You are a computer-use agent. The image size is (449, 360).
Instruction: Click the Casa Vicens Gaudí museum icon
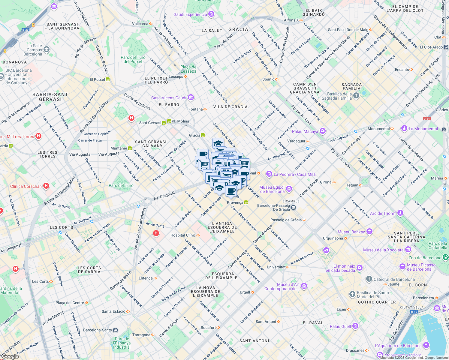(x=191, y=97)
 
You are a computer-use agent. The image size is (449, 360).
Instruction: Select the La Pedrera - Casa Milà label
(x=294, y=174)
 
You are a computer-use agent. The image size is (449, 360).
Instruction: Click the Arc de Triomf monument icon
(x=400, y=213)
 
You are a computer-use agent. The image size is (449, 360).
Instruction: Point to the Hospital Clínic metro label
(x=183, y=235)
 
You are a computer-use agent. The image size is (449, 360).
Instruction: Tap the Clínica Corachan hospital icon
(x=46, y=186)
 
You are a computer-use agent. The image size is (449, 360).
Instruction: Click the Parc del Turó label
(x=121, y=185)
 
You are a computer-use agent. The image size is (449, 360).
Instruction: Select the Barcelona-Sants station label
(x=98, y=330)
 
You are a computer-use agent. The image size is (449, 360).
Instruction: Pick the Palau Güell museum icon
(x=355, y=326)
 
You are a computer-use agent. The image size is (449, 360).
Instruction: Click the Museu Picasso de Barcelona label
(x=421, y=267)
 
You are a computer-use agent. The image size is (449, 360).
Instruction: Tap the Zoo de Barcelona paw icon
(x=446, y=257)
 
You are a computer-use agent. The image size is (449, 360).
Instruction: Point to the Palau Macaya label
(x=305, y=131)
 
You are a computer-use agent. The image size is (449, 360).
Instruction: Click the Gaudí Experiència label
(x=190, y=14)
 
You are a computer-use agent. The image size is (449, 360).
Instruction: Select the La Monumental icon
(x=404, y=128)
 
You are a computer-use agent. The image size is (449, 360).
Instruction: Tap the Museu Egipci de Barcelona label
(x=272, y=189)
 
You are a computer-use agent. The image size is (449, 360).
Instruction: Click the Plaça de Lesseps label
(x=188, y=69)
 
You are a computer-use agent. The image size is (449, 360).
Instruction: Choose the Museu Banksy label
(x=351, y=232)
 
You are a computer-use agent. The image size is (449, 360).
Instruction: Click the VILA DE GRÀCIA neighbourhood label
(x=231, y=107)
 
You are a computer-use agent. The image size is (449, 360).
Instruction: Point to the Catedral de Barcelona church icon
(x=369, y=279)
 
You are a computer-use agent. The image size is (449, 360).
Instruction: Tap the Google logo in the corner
(x=10, y=356)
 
